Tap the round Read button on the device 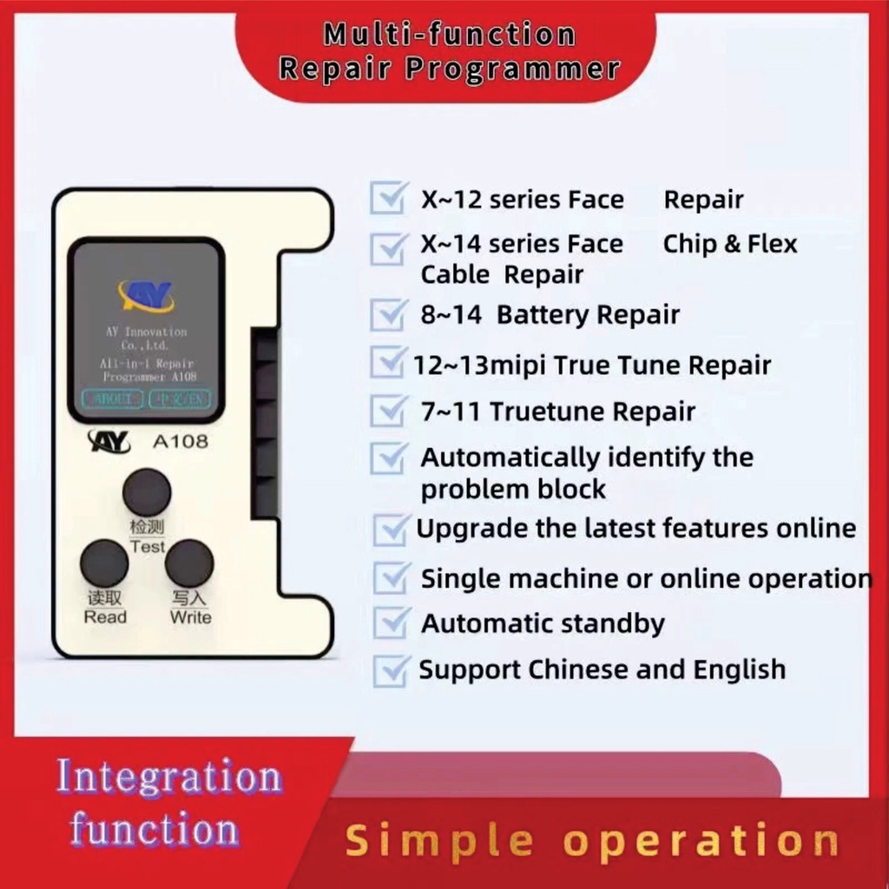click(x=104, y=563)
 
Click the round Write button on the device click(x=189, y=563)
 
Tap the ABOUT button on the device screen click(x=112, y=398)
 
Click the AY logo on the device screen click(x=146, y=295)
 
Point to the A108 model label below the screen click(x=181, y=441)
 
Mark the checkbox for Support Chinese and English click(x=390, y=669)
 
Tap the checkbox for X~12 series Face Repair click(x=386, y=199)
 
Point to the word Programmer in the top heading click(x=513, y=69)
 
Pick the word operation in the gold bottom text click(x=701, y=841)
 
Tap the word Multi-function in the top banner click(x=450, y=35)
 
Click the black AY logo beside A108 click(x=109, y=442)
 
